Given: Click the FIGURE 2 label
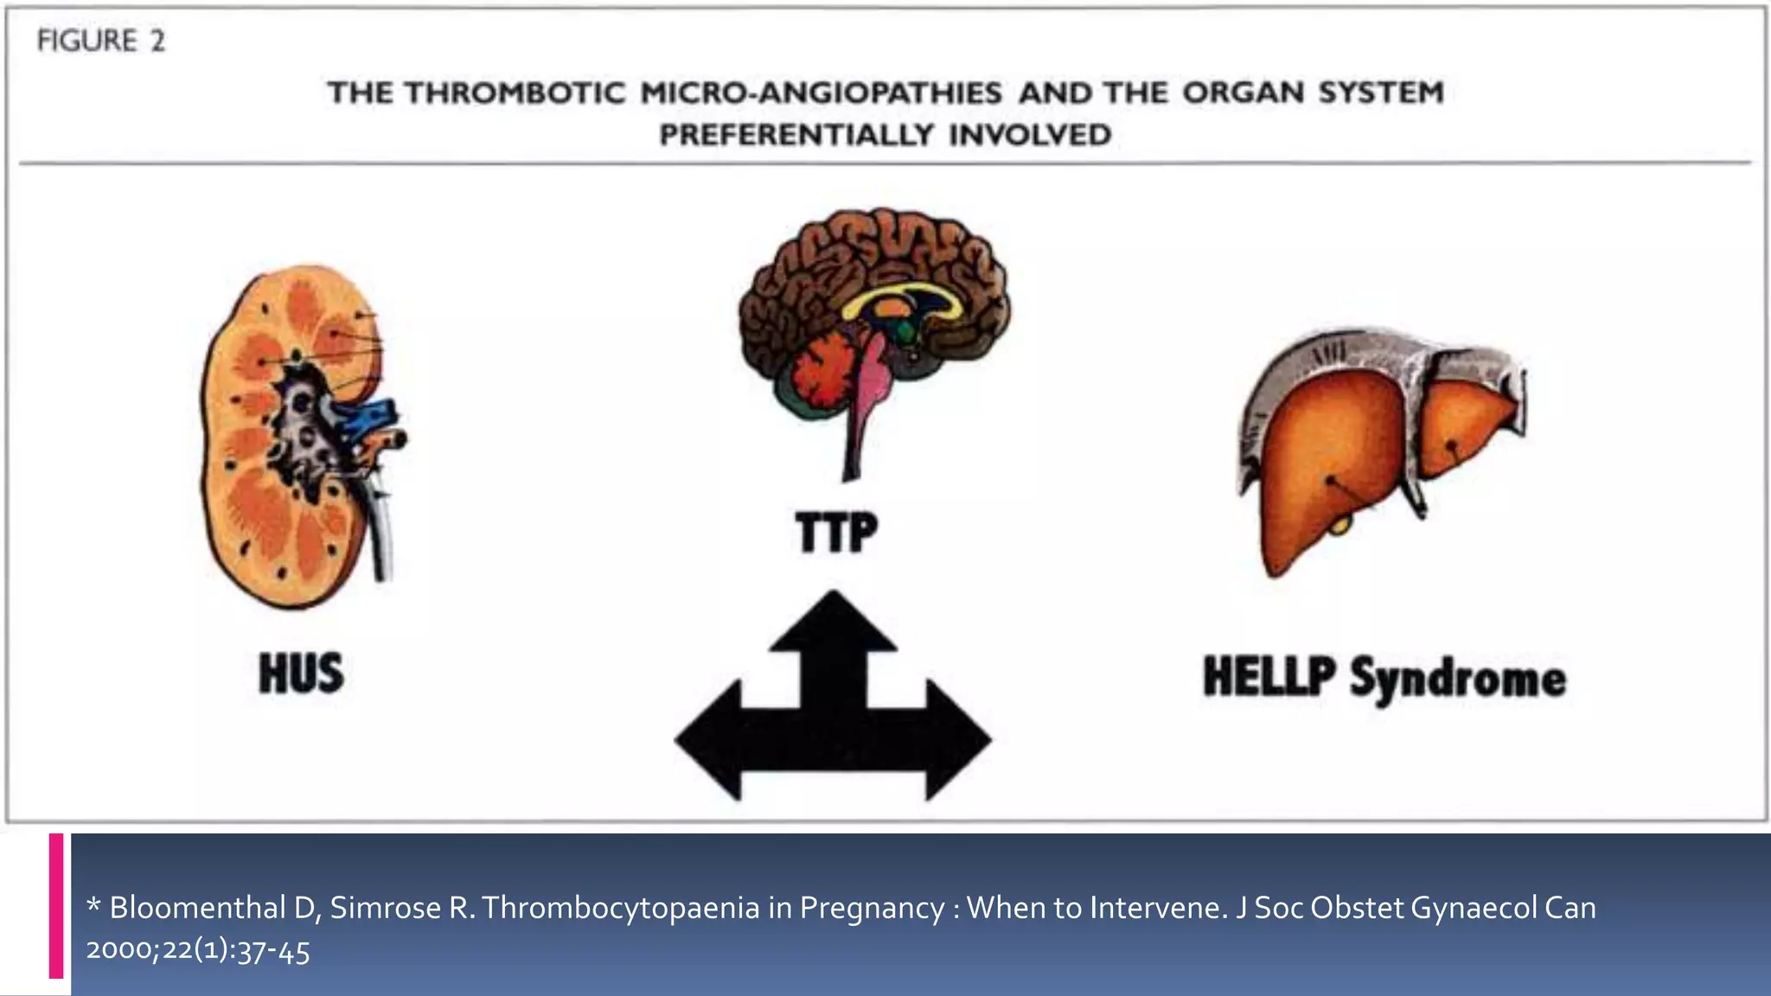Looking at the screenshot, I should [x=100, y=41].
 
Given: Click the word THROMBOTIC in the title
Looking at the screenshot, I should [x=515, y=93].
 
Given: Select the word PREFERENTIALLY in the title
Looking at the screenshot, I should [x=796, y=135].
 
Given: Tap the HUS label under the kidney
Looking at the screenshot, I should [x=301, y=674].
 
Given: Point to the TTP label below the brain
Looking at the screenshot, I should [x=835, y=532].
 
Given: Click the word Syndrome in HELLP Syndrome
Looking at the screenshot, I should [x=1458, y=679].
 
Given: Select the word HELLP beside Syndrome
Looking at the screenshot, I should [x=1269, y=676].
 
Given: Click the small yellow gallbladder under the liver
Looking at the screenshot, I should [x=1339, y=522].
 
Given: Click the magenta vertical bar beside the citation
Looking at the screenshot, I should [x=56, y=905].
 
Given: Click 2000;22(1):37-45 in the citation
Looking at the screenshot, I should [x=198, y=951].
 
